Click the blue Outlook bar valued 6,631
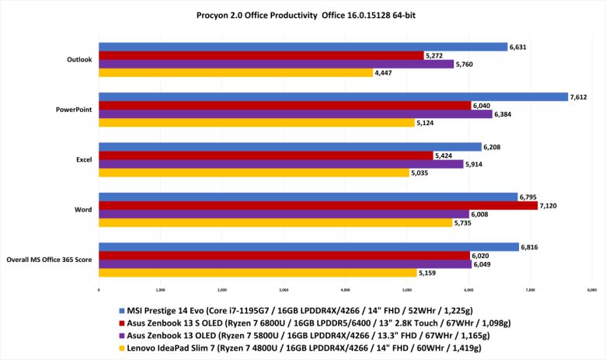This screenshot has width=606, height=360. pos(303,47)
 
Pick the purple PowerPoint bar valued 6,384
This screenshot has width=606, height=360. pos(295,114)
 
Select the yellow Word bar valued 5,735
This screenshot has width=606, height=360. pos(275,222)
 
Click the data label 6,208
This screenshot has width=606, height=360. pos(494,147)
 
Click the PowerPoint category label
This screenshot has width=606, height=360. pos(75,110)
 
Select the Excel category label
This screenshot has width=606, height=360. pos(84,159)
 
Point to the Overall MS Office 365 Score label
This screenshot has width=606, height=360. pos(49,259)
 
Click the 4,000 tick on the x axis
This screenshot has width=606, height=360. pos(345,290)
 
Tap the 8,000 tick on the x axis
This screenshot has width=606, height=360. pos(591,290)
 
